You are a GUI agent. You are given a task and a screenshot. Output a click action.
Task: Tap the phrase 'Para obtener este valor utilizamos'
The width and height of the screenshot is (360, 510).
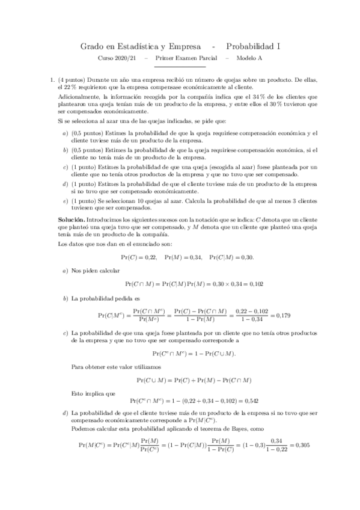point(114,366)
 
